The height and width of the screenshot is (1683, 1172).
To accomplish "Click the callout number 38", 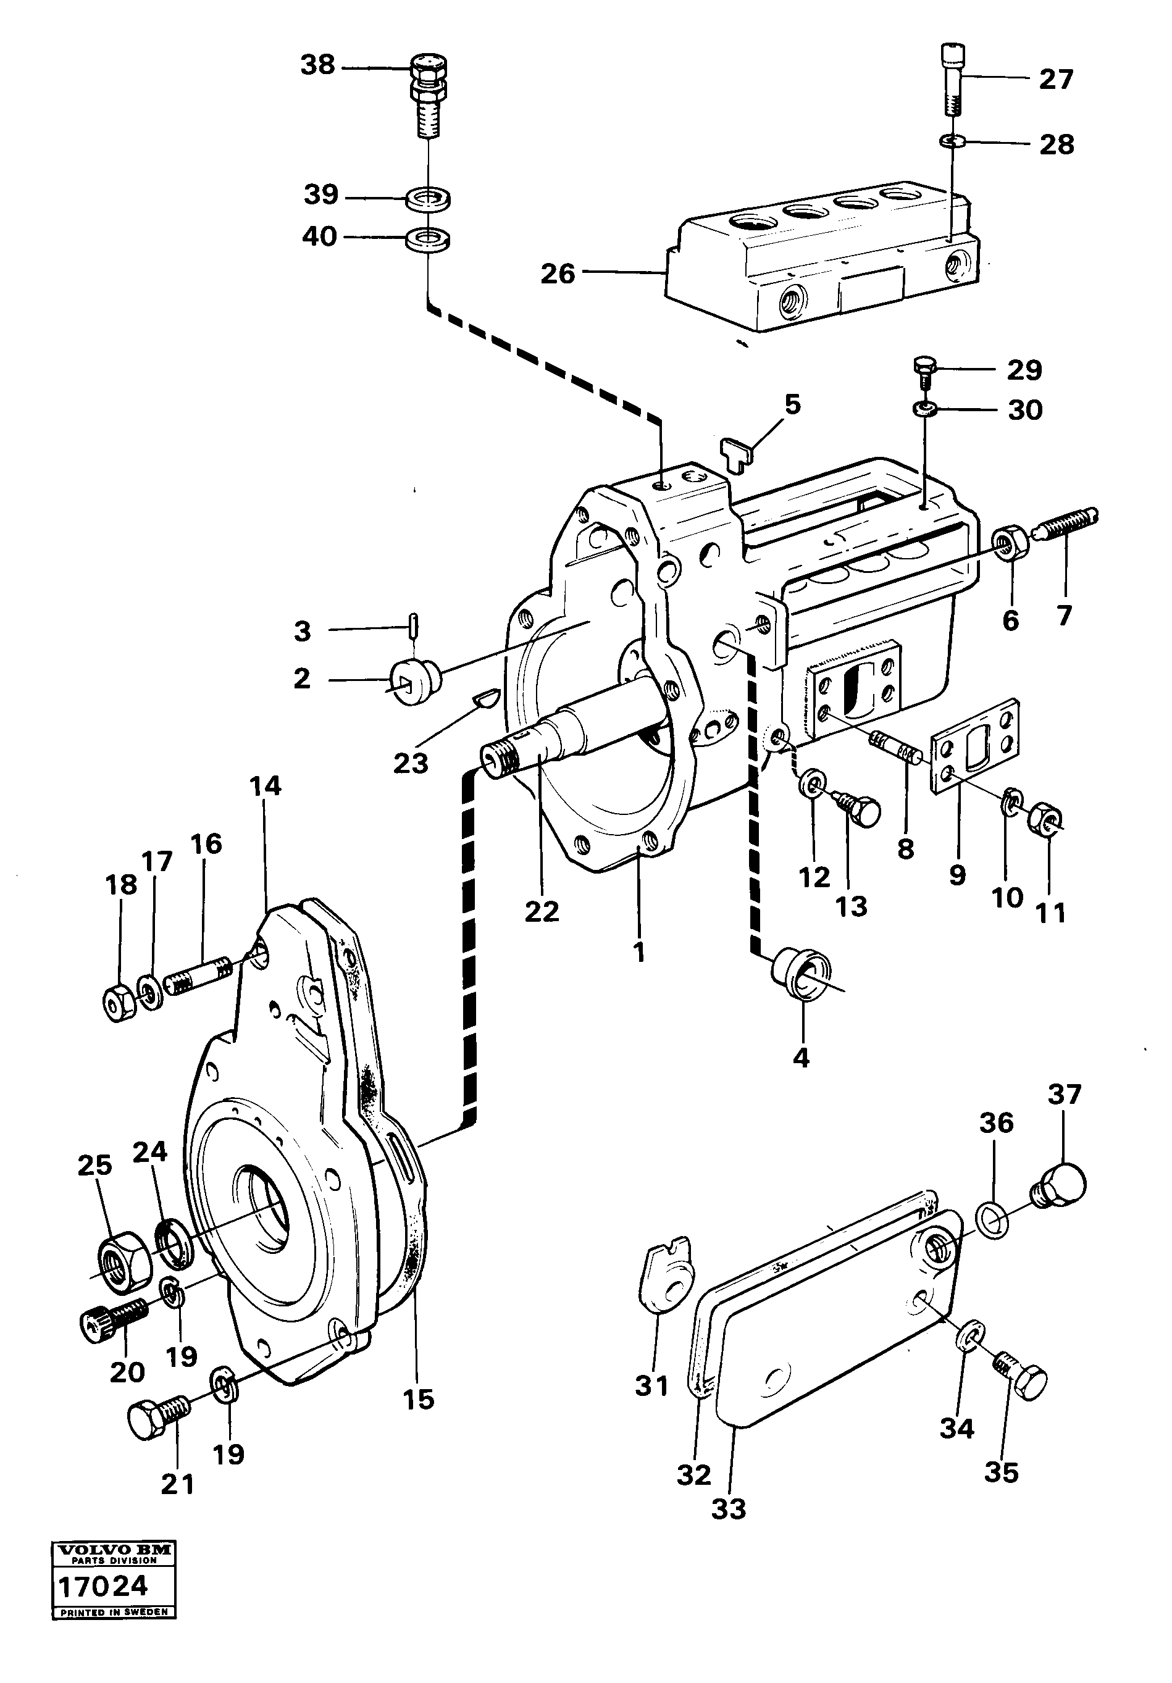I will click(317, 66).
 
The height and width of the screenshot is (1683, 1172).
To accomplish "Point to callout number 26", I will click(557, 274).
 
